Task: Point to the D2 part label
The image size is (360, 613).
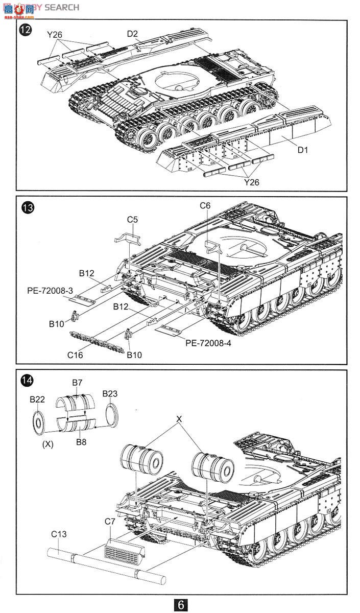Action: [x=132, y=34]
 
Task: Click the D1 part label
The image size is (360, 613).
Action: [x=302, y=150]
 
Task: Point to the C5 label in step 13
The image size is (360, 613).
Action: [x=132, y=220]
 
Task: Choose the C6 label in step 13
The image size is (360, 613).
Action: [x=205, y=205]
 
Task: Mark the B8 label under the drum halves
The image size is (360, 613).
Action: [x=81, y=441]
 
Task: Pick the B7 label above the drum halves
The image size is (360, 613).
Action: [x=77, y=382]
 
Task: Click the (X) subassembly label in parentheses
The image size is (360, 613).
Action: [x=47, y=444]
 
